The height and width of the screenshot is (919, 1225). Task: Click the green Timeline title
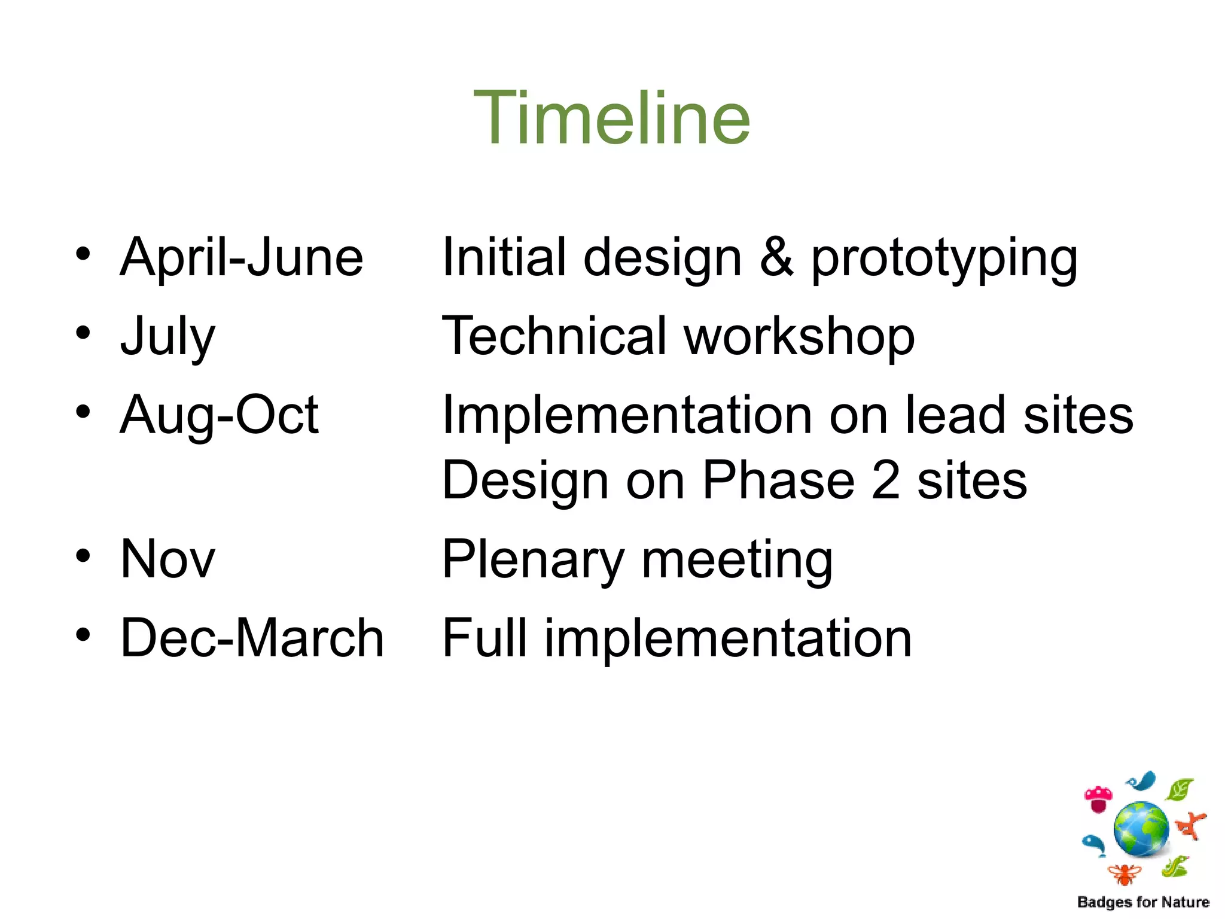pos(611,118)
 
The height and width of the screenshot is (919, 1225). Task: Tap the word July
pos(167,336)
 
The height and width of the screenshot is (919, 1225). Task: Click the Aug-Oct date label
pos(219,415)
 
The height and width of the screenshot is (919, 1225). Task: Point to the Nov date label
pos(167,559)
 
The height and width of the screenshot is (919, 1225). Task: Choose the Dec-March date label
pos(252,638)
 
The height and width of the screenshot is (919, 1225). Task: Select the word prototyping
pos(944,258)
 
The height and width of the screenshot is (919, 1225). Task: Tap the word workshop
pos(799,336)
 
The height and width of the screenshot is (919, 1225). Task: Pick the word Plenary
pos(533,560)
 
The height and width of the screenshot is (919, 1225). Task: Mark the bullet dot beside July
pos(83,333)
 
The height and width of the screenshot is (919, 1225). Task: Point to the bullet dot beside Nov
pos(83,555)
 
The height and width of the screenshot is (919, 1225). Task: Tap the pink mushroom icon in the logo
pos(1098,799)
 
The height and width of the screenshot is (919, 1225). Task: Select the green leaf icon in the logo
pos(1179,790)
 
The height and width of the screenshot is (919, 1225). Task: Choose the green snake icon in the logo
pos(1175,866)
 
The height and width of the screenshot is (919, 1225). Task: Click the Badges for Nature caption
pos(1143,902)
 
